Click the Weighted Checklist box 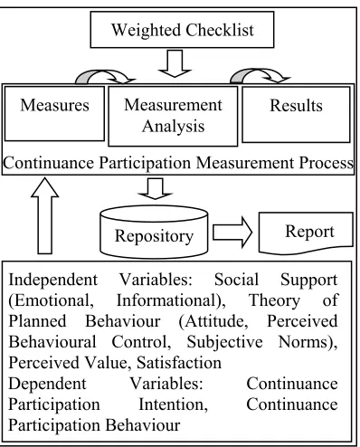click(x=182, y=30)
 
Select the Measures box click(x=54, y=113)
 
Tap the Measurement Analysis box click(x=173, y=116)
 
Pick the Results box click(x=296, y=114)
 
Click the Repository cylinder click(x=154, y=232)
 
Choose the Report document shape click(x=306, y=233)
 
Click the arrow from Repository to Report click(x=232, y=233)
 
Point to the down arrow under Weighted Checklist click(x=175, y=63)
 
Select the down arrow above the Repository click(x=155, y=188)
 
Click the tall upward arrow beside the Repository click(x=45, y=215)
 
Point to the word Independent click(x=53, y=280)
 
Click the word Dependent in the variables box click(x=47, y=384)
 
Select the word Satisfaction click(x=179, y=363)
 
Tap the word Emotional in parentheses click(x=51, y=300)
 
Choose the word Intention click(x=173, y=404)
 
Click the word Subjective click(x=224, y=342)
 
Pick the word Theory click(x=274, y=300)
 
